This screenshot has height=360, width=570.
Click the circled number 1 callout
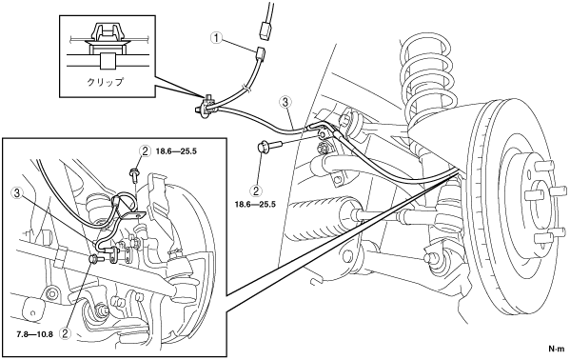217,37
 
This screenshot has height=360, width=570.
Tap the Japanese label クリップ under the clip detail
105,82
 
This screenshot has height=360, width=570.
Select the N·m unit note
556,349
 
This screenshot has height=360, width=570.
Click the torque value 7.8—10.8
35,333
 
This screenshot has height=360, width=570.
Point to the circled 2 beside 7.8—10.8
66,333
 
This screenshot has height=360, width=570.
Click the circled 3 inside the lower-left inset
17,193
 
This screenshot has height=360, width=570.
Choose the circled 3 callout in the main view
285,103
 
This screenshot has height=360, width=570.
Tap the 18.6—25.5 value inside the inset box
176,150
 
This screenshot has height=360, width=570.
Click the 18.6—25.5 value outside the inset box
255,204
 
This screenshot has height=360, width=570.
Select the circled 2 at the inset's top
145,150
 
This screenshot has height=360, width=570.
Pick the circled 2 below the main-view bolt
257,190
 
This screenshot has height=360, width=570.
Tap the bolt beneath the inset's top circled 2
135,174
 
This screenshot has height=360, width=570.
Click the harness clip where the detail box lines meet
206,107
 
